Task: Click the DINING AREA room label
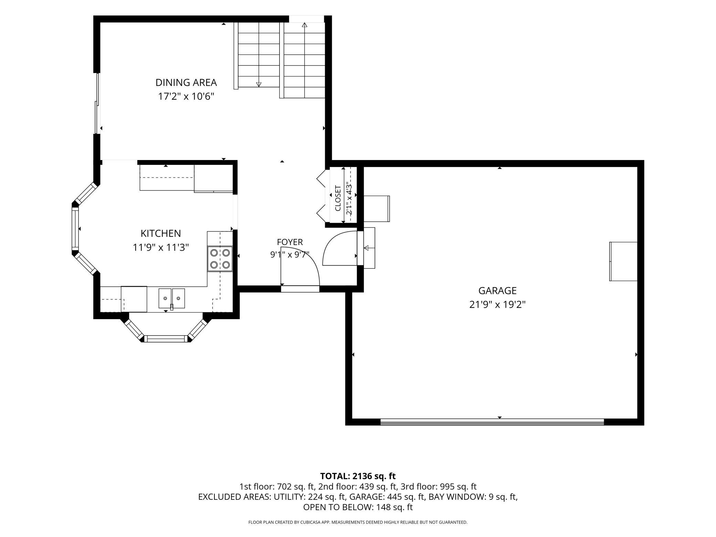[x=186, y=83]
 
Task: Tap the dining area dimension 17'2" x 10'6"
[x=186, y=96]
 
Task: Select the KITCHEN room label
[x=161, y=233]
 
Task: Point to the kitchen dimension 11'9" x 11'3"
[x=161, y=247]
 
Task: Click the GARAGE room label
[x=497, y=291]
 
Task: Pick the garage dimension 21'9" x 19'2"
[x=497, y=305]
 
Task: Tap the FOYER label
[x=290, y=242]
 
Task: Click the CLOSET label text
[x=338, y=198]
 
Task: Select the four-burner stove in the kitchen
[x=220, y=259]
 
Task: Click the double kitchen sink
[x=171, y=298]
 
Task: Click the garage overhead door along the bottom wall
[x=492, y=422]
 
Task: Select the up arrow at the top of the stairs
[x=304, y=25]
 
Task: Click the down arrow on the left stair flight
[x=259, y=84]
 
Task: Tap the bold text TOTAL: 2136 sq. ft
[x=358, y=476]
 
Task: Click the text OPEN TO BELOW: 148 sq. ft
[x=358, y=507]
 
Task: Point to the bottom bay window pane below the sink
[x=166, y=339]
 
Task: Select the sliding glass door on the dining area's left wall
[x=98, y=103]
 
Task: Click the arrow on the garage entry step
[x=367, y=248]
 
